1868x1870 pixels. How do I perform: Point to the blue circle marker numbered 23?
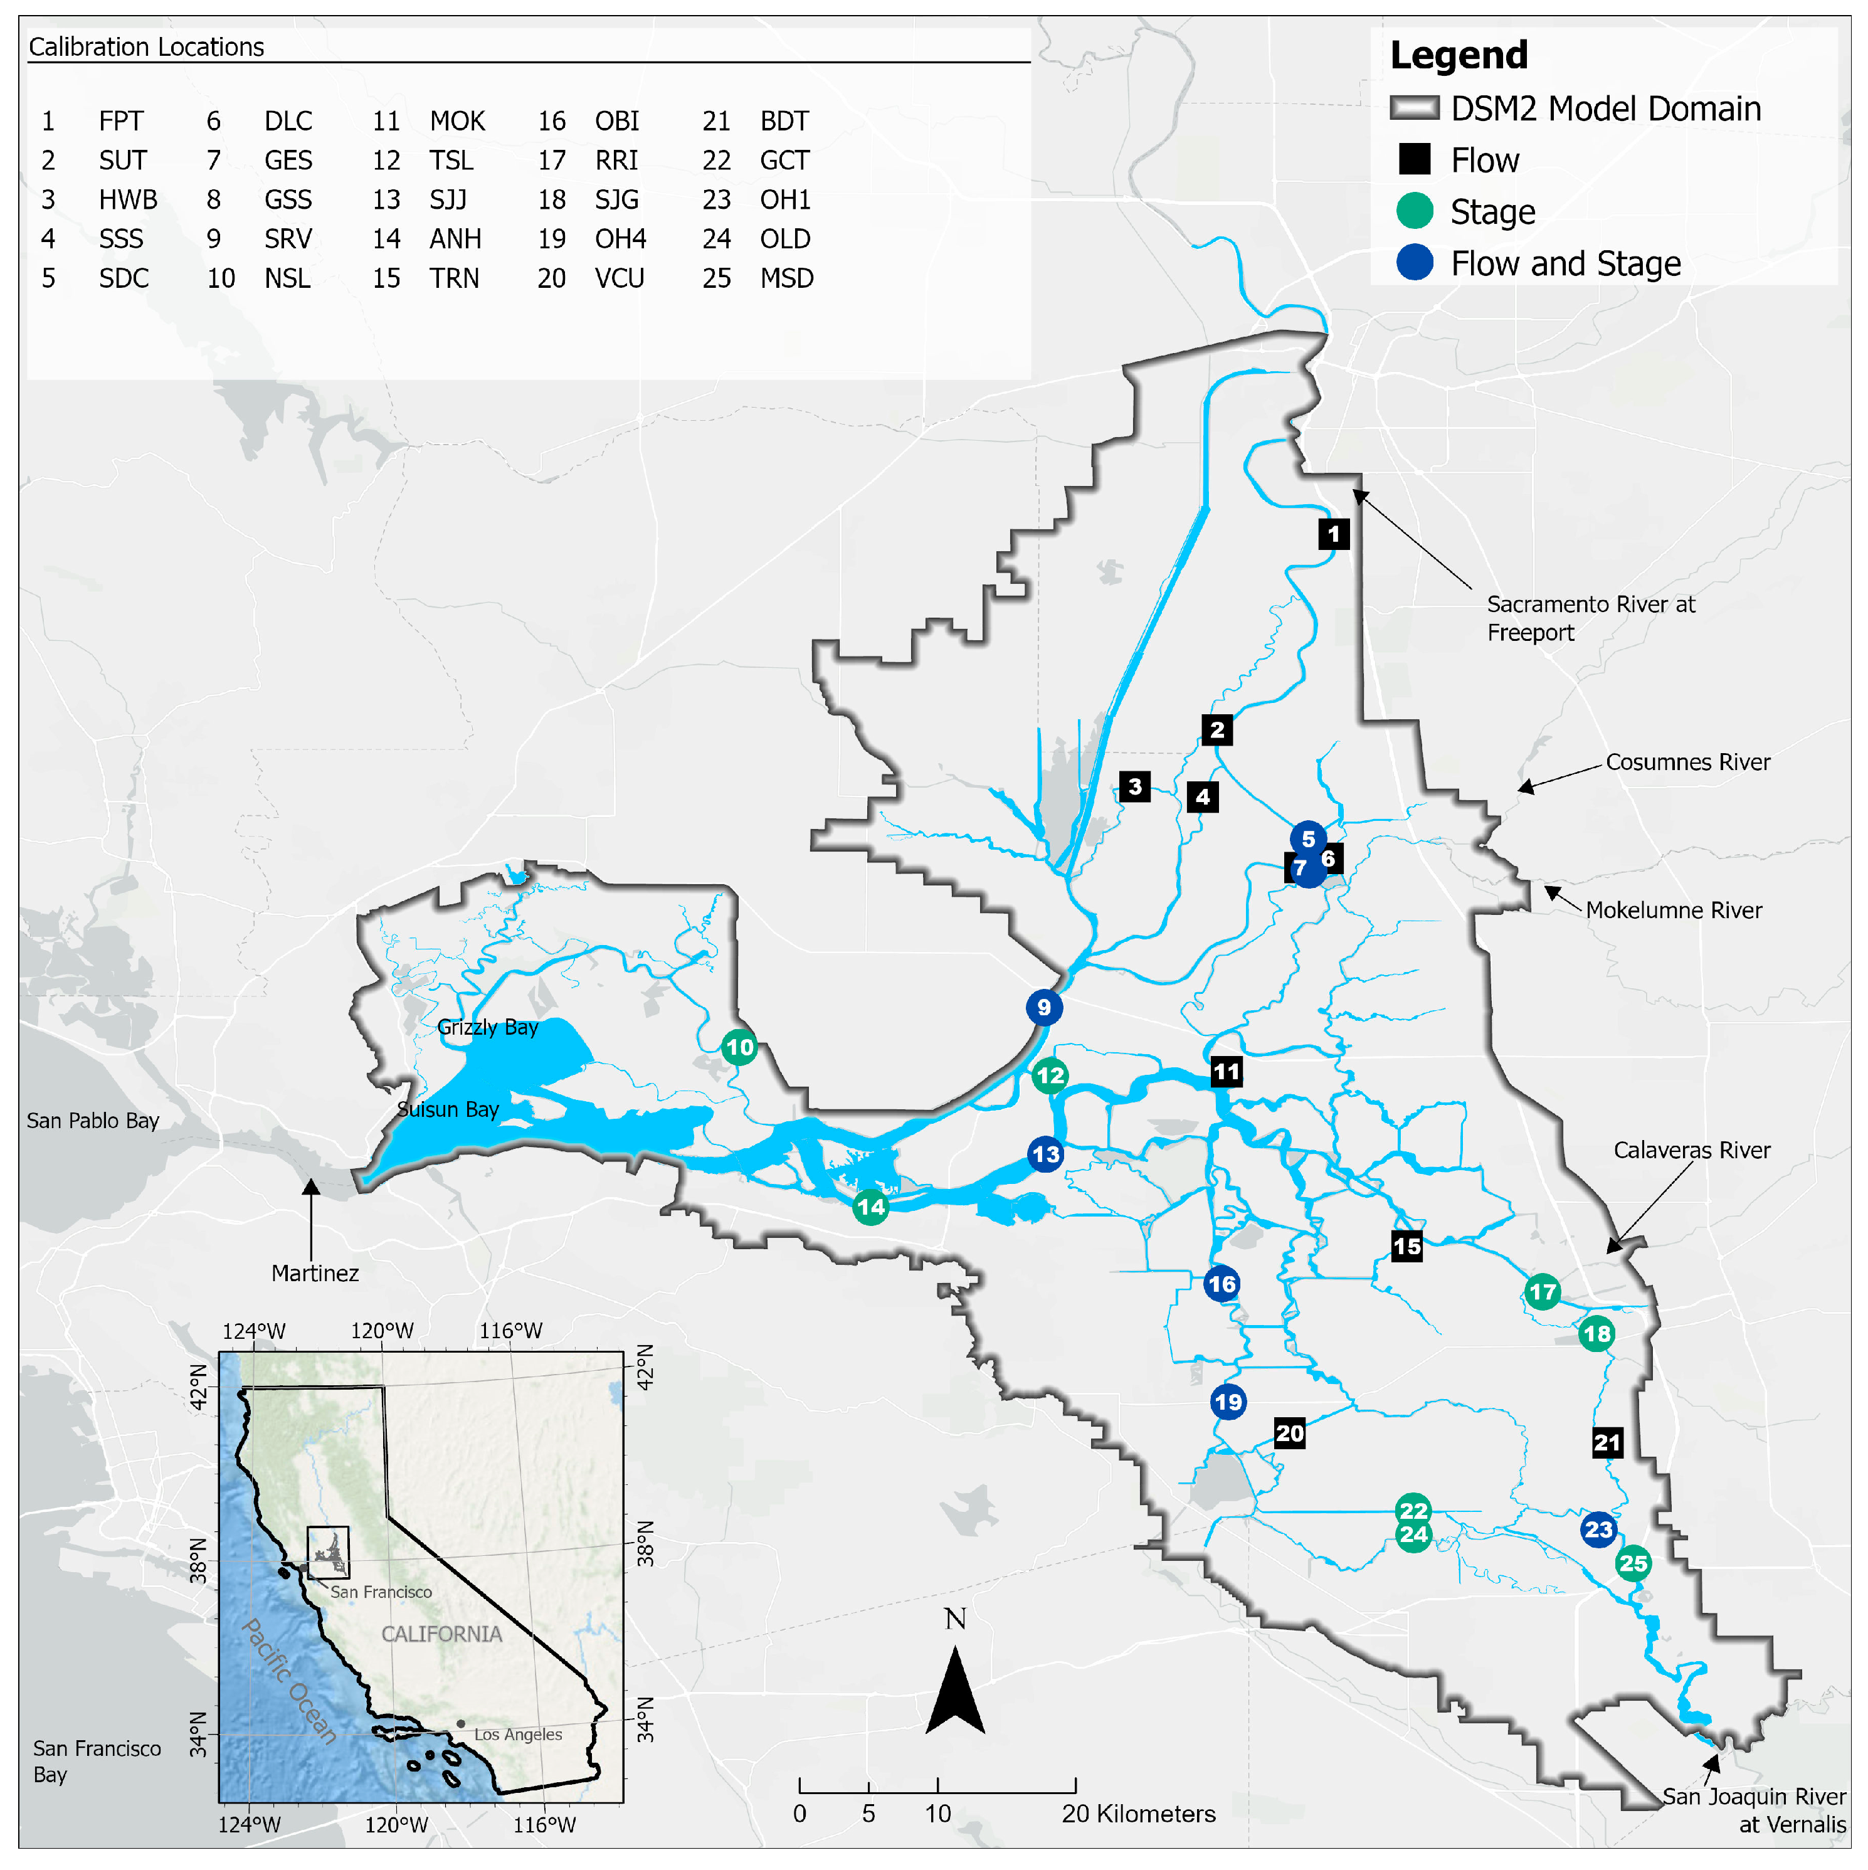click(1598, 1529)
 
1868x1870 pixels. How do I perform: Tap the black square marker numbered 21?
click(1607, 1442)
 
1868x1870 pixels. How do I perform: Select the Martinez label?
click(315, 1273)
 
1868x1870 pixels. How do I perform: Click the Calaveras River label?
click(1691, 1150)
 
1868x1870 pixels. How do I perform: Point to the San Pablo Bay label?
click(93, 1120)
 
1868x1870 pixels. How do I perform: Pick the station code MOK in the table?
click(457, 121)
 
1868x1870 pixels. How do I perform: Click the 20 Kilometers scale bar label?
click(1138, 1813)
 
